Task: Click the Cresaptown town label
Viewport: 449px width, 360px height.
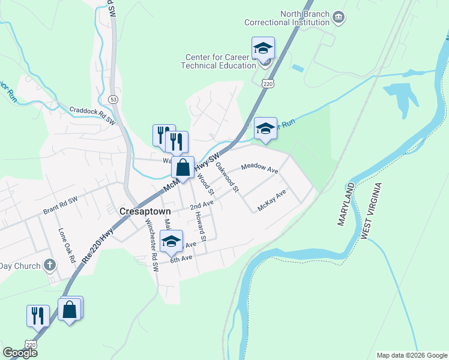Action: click(145, 211)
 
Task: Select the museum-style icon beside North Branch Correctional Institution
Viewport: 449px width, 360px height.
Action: click(339, 17)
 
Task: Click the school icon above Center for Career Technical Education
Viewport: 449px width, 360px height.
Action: click(263, 48)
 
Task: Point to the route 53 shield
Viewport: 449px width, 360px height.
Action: click(113, 98)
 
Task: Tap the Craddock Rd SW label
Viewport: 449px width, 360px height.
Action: click(92, 115)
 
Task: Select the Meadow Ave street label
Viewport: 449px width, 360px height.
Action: click(260, 168)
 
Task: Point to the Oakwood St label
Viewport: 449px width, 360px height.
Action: click(228, 177)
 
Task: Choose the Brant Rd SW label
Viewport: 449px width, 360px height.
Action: click(61, 207)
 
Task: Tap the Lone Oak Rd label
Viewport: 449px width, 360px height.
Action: click(66, 245)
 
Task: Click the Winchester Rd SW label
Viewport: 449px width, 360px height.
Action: click(151, 245)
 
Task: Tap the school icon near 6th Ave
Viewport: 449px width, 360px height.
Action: click(172, 242)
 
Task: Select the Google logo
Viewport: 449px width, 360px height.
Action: click(20, 353)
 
